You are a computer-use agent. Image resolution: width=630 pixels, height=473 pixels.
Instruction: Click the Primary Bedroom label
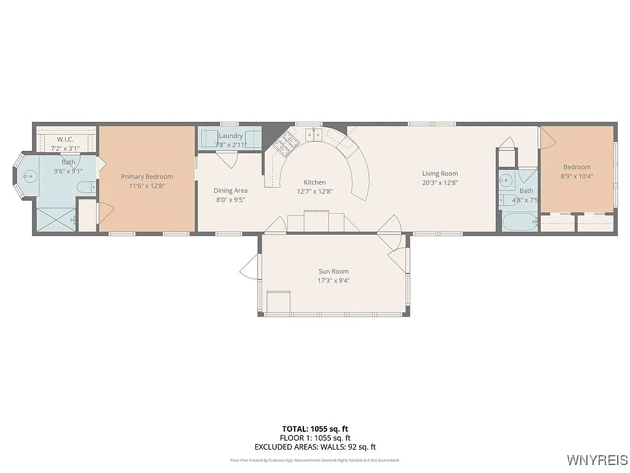point(146,177)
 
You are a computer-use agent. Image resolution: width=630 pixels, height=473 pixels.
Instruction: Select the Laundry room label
point(230,135)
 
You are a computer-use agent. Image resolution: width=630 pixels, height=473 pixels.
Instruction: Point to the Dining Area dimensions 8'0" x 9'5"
point(230,200)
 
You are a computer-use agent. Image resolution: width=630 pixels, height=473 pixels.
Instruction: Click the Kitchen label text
point(314,182)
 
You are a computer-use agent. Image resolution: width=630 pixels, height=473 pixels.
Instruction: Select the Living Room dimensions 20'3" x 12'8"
point(439,182)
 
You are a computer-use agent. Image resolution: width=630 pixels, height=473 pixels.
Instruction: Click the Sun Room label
point(333,272)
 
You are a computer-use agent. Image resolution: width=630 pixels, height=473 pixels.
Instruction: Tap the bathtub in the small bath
point(518,222)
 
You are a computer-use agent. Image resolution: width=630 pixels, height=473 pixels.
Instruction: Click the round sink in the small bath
point(506,181)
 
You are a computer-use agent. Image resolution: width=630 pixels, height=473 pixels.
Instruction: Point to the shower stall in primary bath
point(56,219)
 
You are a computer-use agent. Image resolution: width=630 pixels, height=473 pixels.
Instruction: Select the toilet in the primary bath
point(85,187)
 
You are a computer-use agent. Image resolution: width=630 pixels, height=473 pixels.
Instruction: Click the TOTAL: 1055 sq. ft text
point(315,429)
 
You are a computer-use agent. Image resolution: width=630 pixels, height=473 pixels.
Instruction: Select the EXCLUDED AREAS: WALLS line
point(315,447)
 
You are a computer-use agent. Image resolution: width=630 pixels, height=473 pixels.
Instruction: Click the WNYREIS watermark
point(597,460)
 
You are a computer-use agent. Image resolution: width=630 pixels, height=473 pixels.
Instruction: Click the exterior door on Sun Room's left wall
point(250,267)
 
